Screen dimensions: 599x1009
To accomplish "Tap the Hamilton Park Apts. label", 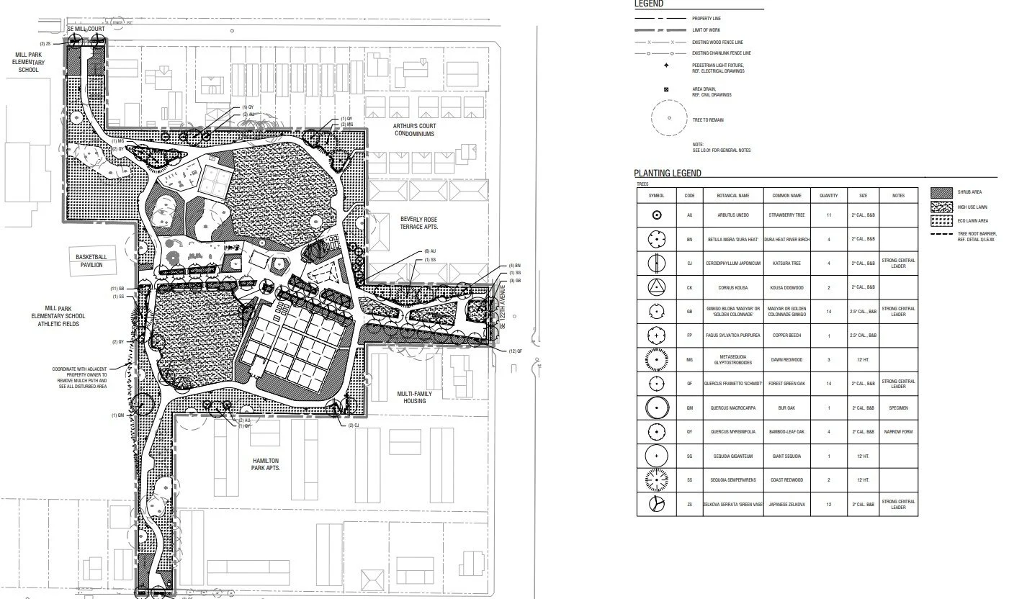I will coord(265,464).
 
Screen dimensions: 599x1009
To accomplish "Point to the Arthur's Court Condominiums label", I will coord(414,129).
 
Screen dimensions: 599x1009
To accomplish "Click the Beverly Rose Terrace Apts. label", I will coord(420,222).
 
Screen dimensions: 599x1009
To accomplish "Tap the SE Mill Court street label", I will coord(86,29).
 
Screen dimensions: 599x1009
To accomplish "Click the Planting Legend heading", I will coord(667,174).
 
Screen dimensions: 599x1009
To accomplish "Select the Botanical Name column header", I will coord(733,196).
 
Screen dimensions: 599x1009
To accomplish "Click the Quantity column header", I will coord(829,196).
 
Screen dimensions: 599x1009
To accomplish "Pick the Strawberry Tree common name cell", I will coord(786,215).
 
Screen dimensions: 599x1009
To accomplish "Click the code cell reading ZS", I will coord(689,505).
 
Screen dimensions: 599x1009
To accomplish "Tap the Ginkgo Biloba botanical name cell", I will coord(733,312).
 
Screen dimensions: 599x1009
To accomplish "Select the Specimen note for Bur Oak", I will coord(897,407).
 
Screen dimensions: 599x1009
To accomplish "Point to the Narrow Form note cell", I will coord(897,432).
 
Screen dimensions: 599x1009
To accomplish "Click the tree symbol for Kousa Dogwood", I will coord(656,287).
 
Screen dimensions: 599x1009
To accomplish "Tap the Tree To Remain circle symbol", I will coord(669,117).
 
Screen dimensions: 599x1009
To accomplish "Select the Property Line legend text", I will coord(707,18).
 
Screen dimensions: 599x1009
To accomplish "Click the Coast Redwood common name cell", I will coord(786,480).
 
